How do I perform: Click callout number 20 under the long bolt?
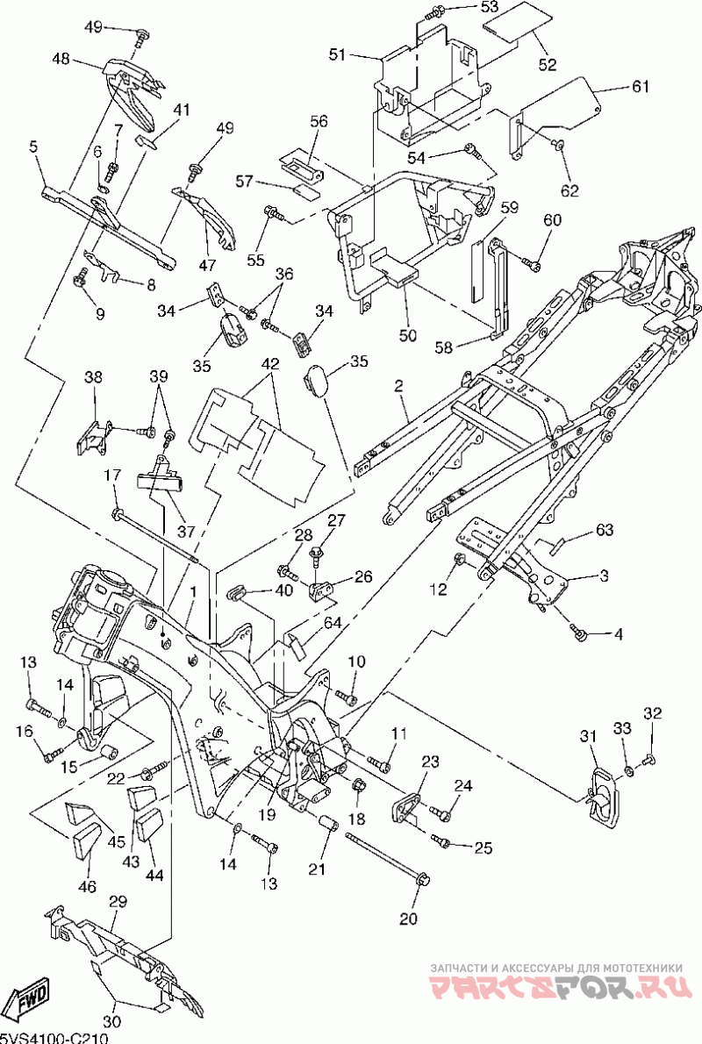click(x=408, y=919)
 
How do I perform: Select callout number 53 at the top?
click(x=490, y=7)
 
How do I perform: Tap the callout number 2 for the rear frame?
click(x=398, y=385)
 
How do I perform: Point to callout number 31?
click(x=587, y=735)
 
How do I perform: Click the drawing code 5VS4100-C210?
click(x=54, y=1037)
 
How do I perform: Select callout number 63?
click(x=605, y=530)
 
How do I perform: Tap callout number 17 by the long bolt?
click(x=113, y=476)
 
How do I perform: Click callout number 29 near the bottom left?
click(x=118, y=901)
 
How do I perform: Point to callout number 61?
click(x=640, y=86)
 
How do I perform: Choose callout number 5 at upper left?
click(x=33, y=148)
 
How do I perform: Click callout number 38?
click(x=93, y=377)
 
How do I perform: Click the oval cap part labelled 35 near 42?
click(x=317, y=383)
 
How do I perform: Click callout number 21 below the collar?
click(x=317, y=869)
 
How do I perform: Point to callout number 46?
click(x=87, y=887)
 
